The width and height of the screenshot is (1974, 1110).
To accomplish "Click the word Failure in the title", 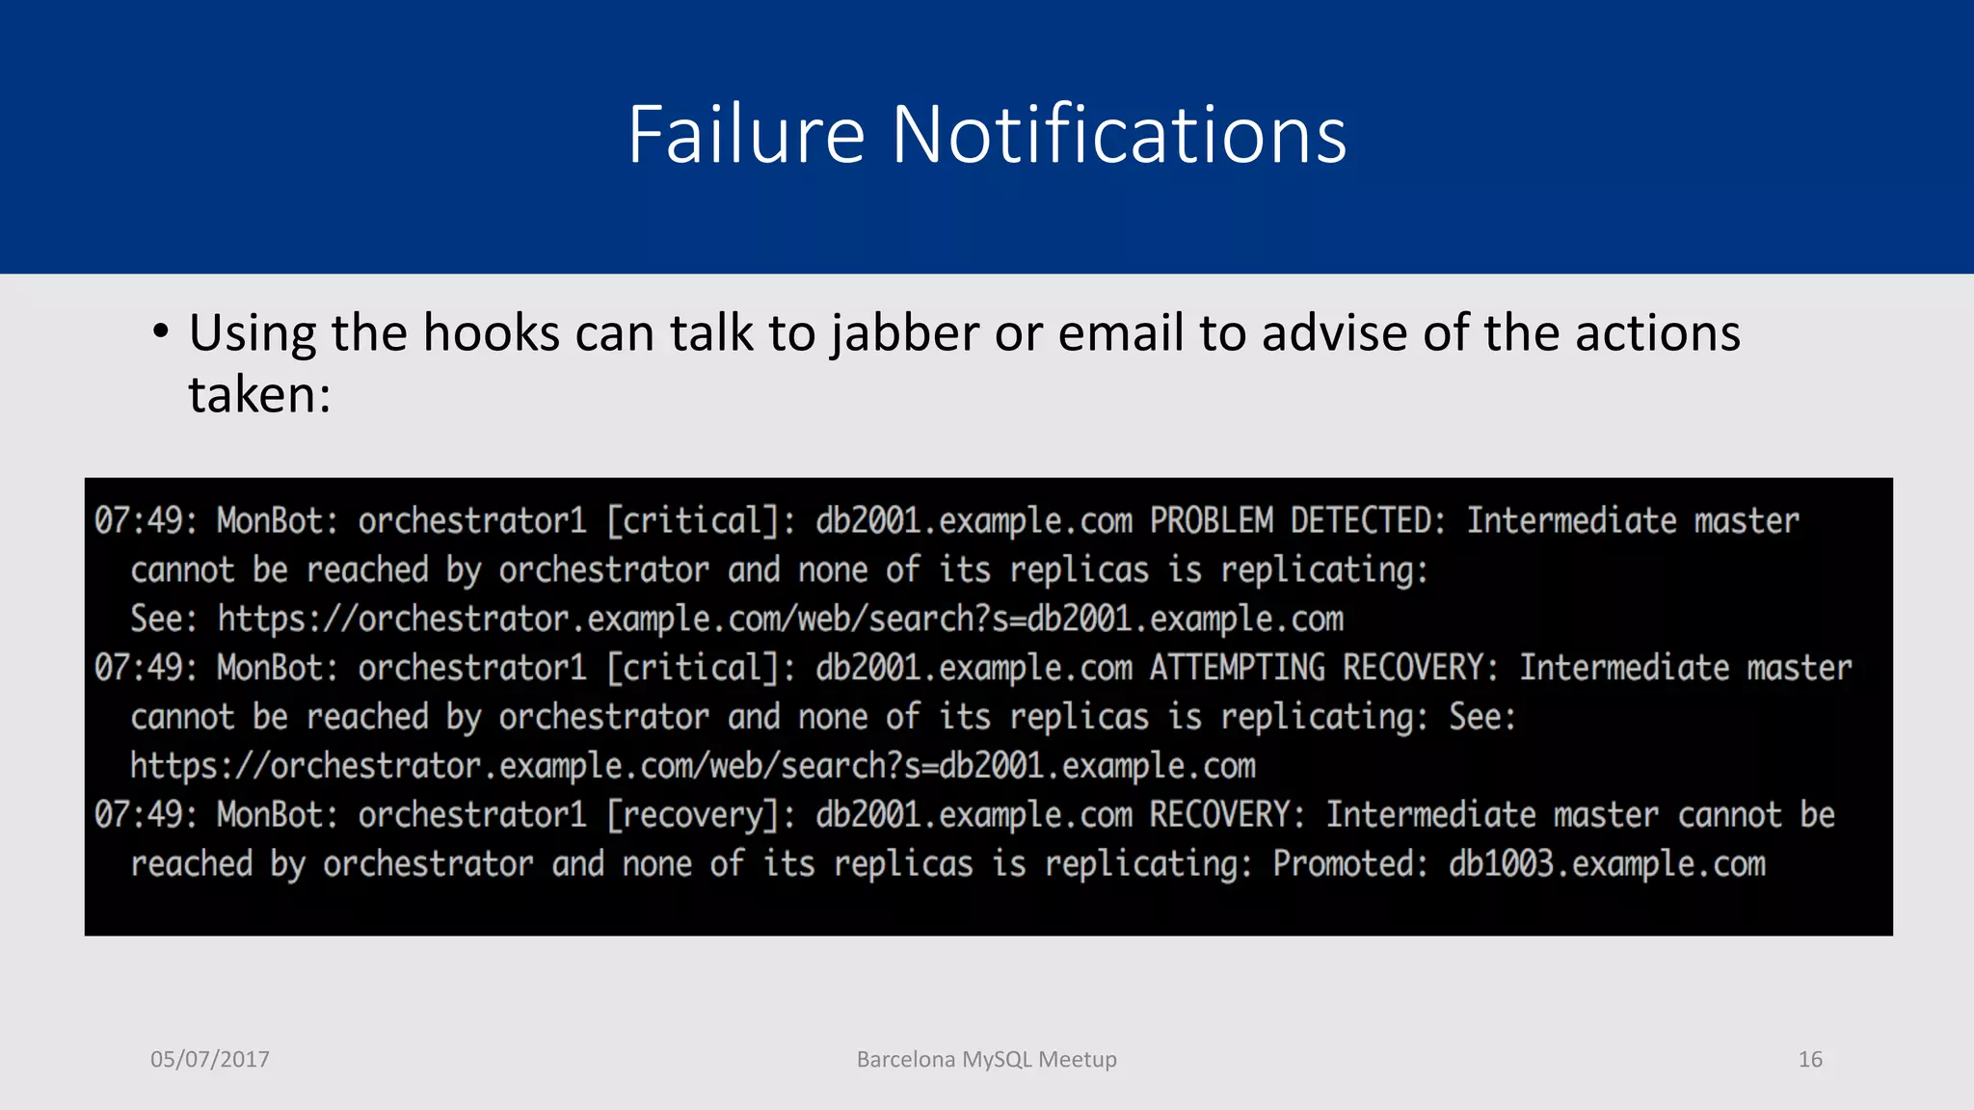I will tap(746, 135).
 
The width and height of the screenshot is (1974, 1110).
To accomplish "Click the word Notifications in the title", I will tap(1118, 135).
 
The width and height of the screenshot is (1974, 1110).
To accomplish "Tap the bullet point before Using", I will tap(161, 332).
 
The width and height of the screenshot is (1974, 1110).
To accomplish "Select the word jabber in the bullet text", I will tap(905, 333).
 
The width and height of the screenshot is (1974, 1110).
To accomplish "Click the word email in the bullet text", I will tap(1119, 333).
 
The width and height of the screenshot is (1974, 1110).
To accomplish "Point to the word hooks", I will tap(491, 333).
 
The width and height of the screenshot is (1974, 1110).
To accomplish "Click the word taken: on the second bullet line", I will tap(259, 395).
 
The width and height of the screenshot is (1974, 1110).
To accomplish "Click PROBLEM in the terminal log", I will tap(1211, 521).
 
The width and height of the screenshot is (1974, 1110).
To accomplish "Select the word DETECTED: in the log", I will tap(1369, 521).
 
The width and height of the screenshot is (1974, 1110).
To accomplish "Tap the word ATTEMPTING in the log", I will tap(1237, 668).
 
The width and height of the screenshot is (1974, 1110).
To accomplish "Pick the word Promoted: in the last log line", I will tap(1350, 864).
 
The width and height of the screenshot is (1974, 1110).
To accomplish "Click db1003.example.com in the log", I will tap(1607, 864).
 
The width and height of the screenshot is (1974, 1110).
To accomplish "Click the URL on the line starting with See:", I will tap(780, 620).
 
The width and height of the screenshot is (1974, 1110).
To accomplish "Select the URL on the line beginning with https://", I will tap(692, 766).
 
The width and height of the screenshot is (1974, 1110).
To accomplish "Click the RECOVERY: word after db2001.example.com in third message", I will tap(1227, 815).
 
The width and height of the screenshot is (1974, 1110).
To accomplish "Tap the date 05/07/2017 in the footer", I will tap(210, 1059).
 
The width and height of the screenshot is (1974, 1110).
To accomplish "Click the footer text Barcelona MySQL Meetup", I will tap(986, 1059).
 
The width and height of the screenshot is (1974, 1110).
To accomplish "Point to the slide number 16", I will tap(1810, 1059).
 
